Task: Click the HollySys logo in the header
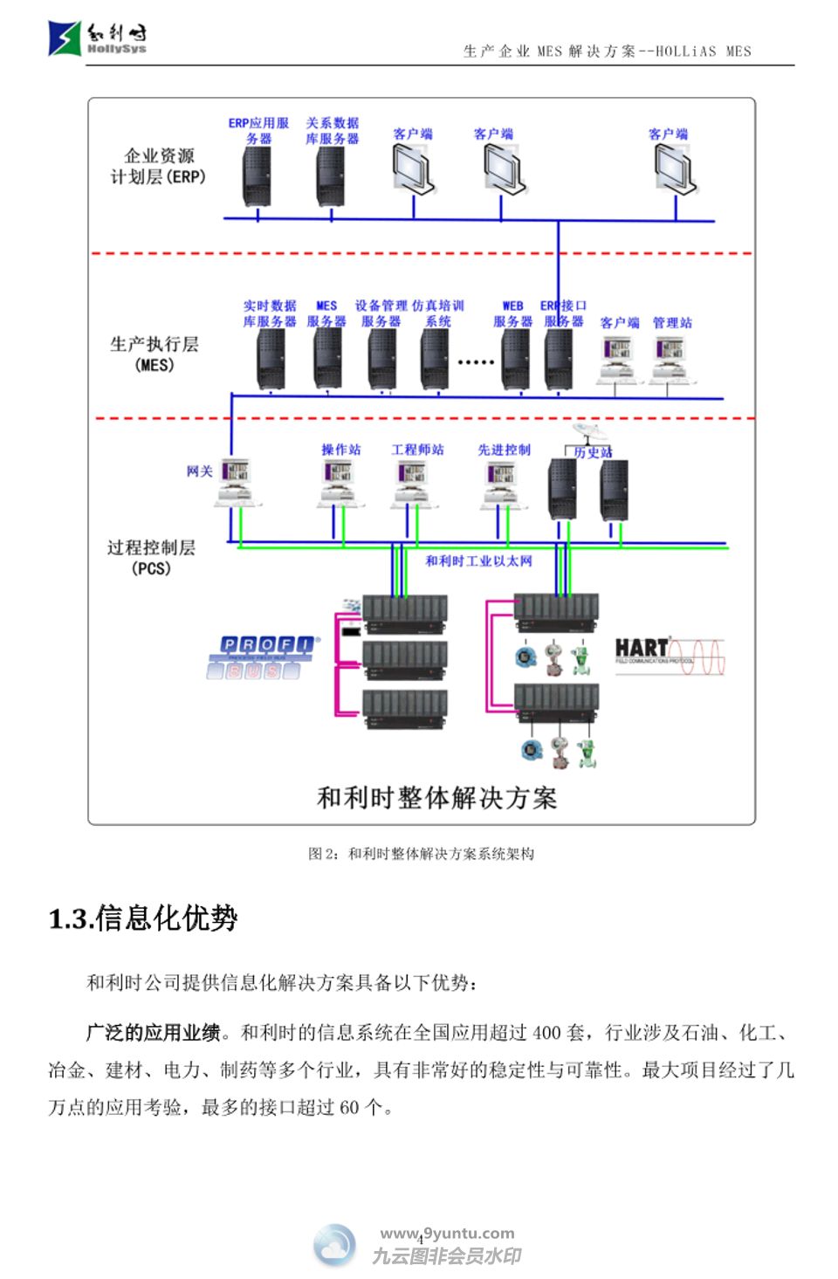[x=97, y=38]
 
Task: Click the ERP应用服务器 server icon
[x=257, y=176]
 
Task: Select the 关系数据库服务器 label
[x=332, y=131]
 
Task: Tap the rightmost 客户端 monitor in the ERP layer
[x=675, y=168]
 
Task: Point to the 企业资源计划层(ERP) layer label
[x=158, y=166]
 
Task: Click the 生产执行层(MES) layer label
[x=155, y=354]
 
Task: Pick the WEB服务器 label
[x=512, y=313]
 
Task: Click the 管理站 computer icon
[x=670, y=359]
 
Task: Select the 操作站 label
[x=340, y=450]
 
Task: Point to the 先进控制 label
[x=504, y=450]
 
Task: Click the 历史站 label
[x=593, y=452]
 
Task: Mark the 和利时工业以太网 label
[x=478, y=560]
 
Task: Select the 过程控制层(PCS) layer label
[x=151, y=557]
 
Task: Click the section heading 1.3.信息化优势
[x=143, y=918]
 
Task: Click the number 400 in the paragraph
[x=546, y=1033]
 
